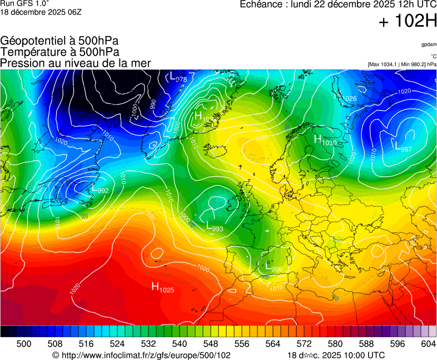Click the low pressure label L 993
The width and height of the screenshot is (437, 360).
pyautogui.click(x=214, y=227)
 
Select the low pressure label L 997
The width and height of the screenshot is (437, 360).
pyautogui.click(x=403, y=147)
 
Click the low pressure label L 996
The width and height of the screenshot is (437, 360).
pyautogui.click(x=274, y=267)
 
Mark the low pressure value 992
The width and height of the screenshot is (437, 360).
pyautogui.click(x=103, y=191)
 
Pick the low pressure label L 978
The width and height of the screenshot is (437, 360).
pyautogui.click(x=178, y=77)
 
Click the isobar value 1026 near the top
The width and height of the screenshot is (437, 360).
pyautogui.click(x=349, y=98)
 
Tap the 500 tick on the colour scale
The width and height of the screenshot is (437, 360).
pyautogui.click(x=23, y=344)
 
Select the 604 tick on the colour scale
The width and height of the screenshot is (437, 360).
pyautogui.click(x=428, y=344)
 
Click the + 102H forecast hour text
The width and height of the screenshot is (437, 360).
pyautogui.click(x=408, y=22)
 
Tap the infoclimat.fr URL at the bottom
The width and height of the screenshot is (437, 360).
pyautogui.click(x=141, y=355)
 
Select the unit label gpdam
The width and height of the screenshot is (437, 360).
pyautogui.click(x=428, y=44)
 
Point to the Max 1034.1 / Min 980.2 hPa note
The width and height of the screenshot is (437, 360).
pyautogui.click(x=402, y=64)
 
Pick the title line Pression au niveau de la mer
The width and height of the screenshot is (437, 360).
pyautogui.click(x=76, y=63)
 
